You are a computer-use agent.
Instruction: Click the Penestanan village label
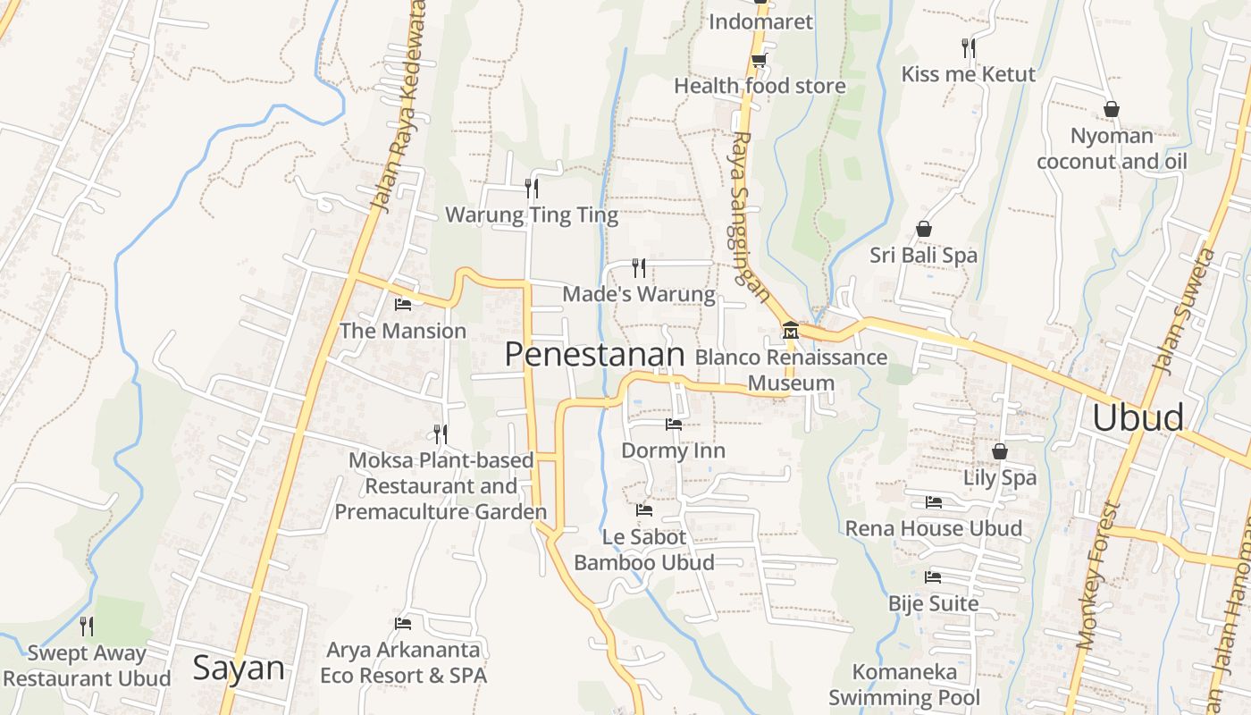tap(594, 355)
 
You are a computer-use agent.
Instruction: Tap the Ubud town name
tap(1138, 418)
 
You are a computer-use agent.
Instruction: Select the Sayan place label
tap(239, 669)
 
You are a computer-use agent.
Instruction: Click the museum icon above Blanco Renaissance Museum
tap(790, 332)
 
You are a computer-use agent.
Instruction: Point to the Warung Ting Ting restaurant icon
tap(532, 188)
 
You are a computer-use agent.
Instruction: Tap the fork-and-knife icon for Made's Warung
tap(639, 267)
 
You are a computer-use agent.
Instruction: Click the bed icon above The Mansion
tap(403, 305)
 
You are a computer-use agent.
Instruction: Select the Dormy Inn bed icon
tap(674, 424)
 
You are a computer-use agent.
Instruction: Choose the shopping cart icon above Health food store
tap(759, 61)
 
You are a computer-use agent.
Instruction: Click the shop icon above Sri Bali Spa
tap(924, 230)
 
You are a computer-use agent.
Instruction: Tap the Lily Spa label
tap(1000, 477)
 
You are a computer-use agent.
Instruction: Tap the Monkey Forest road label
tap(1099, 576)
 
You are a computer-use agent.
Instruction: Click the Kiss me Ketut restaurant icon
tap(968, 47)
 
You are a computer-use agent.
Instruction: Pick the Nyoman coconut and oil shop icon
tap(1111, 109)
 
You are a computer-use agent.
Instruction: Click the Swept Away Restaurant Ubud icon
tap(87, 626)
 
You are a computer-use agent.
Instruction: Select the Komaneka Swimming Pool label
tap(904, 684)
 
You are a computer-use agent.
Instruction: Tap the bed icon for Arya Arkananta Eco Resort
tap(403, 623)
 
